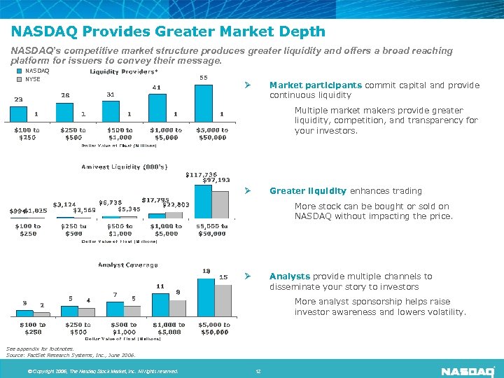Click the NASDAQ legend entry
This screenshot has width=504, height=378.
(x=36, y=71)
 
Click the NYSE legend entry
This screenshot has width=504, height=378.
(x=32, y=79)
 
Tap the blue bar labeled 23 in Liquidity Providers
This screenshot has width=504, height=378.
(x=20, y=113)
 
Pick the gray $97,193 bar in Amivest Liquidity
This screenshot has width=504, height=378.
(x=220, y=202)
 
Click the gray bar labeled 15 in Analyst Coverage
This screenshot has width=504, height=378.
(x=223, y=299)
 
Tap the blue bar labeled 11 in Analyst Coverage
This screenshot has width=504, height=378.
(x=160, y=304)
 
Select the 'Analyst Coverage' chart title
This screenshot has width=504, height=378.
(x=127, y=265)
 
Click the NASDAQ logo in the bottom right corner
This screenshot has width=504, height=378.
(x=468, y=370)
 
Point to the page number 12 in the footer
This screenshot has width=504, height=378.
(x=258, y=371)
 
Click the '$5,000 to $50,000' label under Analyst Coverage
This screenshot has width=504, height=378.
(x=213, y=328)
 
